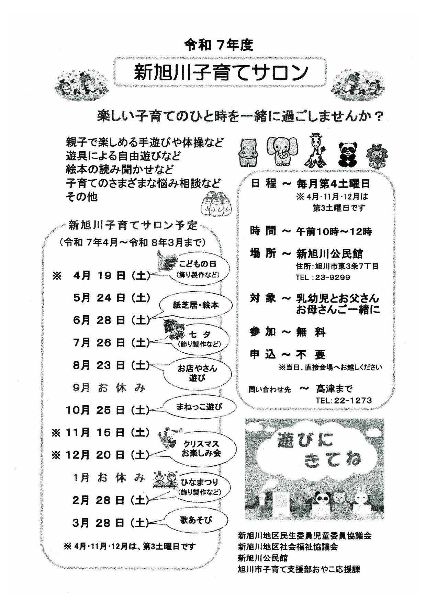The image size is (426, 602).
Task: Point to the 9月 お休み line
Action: coord(109,388)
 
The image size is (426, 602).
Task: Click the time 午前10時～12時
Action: coord(334,231)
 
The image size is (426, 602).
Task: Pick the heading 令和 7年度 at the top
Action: coord(219,45)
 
